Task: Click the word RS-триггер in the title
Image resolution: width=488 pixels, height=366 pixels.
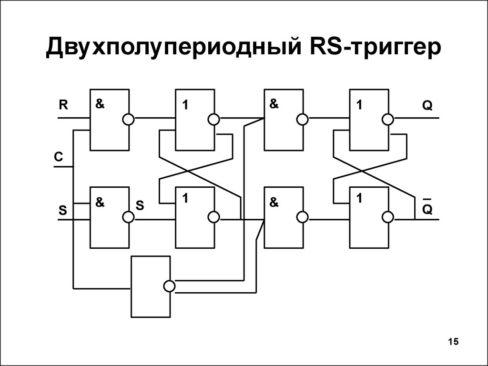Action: coord(376,46)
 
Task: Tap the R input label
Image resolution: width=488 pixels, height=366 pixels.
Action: coord(63,105)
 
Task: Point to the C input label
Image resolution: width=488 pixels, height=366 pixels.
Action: coord(59,156)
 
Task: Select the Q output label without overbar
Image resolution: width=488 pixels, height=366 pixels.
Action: coord(427,106)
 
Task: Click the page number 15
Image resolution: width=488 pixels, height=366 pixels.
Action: coord(454,341)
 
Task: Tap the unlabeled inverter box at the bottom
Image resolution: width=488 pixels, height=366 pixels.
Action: coord(151,286)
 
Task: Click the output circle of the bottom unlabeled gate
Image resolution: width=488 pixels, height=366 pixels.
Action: coord(169,286)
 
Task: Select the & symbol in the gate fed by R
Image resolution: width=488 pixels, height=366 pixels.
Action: coord(100,104)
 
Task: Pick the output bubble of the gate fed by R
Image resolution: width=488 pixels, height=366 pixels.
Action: coord(128,119)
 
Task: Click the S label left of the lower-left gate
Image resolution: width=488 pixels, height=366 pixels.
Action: coord(63,211)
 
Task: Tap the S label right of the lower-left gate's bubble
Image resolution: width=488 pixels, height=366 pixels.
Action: coord(140,205)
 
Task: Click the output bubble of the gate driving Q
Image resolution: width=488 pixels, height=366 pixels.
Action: coord(388,119)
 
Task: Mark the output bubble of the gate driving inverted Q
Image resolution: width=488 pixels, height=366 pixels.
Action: coord(388,217)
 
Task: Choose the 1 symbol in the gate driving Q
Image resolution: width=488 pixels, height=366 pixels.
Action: coord(359,105)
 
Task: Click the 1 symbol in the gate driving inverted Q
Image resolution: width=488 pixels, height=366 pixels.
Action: coord(359,198)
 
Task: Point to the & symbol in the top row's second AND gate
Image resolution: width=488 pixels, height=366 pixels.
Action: coord(274,104)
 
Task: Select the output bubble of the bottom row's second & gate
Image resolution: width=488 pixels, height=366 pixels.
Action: coord(303,217)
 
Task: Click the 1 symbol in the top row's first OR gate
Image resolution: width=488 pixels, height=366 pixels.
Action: coord(185,105)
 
